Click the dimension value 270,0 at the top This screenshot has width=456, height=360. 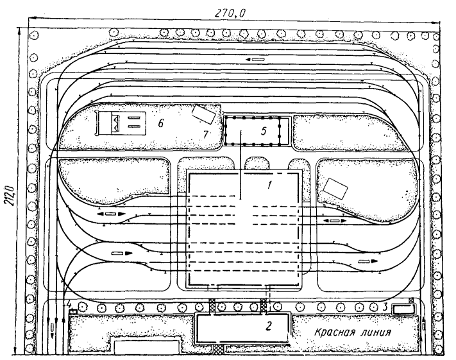tap(230, 13)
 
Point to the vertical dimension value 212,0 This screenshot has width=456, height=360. tap(11, 194)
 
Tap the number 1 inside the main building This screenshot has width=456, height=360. tap(269, 185)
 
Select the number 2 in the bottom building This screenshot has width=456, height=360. tap(269, 325)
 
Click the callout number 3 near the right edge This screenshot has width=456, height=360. tap(385, 306)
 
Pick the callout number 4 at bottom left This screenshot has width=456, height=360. tap(69, 304)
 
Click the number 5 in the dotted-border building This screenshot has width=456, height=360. tap(263, 131)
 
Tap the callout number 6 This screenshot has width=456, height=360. tap(160, 123)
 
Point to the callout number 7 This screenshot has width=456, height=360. tap(206, 134)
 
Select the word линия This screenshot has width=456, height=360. tap(376, 332)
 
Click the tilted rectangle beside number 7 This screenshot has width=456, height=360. tap(204, 114)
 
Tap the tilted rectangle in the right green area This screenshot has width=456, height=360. tap(335, 189)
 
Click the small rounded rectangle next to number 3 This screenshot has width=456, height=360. tap(403, 309)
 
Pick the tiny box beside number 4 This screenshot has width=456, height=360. tap(73, 311)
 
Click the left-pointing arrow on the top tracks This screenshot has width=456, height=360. tap(255, 60)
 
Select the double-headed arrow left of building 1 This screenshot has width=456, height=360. tap(111, 214)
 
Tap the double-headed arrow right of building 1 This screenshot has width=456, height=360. tap(335, 221)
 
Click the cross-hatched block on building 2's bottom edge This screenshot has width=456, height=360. tap(219, 348)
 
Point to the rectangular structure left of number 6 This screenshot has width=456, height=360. tap(121, 123)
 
